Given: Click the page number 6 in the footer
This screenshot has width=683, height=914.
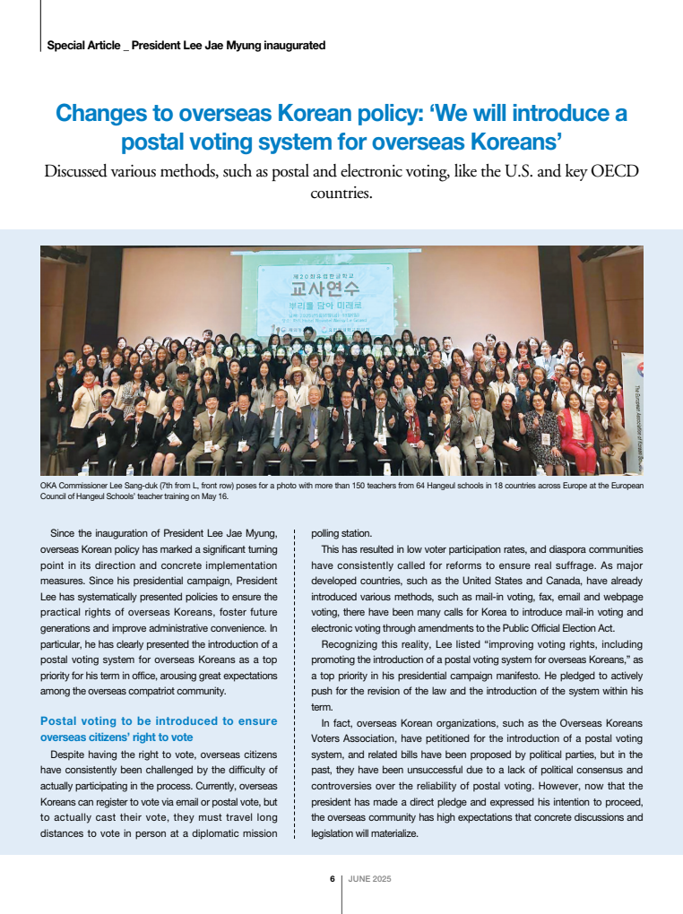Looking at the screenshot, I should pyautogui.click(x=332, y=879).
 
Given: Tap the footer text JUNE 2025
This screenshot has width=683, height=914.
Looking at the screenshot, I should pyautogui.click(x=369, y=879).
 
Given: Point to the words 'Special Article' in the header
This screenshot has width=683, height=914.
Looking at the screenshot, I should pyautogui.click(x=82, y=45).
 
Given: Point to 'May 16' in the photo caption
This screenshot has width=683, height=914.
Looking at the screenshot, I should pyautogui.click(x=215, y=496).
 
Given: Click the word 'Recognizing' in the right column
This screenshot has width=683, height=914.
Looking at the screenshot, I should pyautogui.click(x=350, y=644).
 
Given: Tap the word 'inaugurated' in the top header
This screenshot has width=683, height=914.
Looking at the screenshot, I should pyautogui.click(x=296, y=45).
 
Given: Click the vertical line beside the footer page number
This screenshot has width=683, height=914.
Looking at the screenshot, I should pyautogui.click(x=341, y=892).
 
